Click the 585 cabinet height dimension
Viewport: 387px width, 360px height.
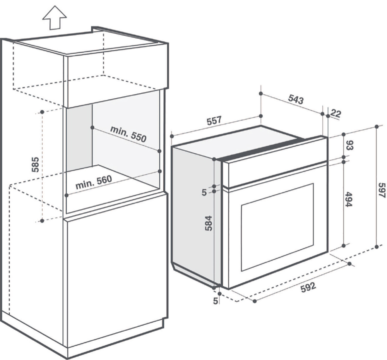35,165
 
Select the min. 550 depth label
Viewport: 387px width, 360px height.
128,134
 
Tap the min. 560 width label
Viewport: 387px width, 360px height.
94,182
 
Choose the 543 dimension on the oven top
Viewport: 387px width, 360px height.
296,99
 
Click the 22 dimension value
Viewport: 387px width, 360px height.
336,113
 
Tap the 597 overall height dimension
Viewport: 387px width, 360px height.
382,190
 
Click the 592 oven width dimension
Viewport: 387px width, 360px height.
308,287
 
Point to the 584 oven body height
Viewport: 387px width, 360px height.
209,223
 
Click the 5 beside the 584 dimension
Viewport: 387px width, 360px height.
204,192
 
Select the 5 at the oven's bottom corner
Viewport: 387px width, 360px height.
216,301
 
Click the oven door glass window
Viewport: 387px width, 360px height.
277,226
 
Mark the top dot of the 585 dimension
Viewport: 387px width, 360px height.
42,112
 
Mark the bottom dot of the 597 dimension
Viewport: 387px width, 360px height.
377,247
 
